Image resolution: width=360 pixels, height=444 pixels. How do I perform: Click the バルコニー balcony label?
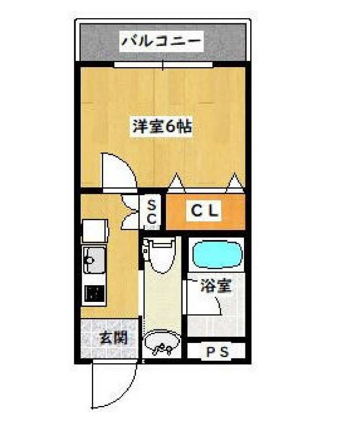(161, 41)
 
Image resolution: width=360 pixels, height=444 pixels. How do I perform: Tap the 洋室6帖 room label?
(162, 126)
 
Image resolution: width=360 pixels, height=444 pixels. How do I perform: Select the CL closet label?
(205, 211)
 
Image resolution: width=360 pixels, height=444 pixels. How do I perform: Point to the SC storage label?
(151, 211)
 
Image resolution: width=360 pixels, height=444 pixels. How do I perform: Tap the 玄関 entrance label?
(113, 338)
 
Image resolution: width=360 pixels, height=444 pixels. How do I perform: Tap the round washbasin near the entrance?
(162, 344)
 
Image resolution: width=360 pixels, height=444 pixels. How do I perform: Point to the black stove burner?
(94, 295)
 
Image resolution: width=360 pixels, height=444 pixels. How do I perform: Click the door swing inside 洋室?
(119, 169)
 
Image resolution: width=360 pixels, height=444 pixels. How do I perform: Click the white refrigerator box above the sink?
(94, 231)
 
